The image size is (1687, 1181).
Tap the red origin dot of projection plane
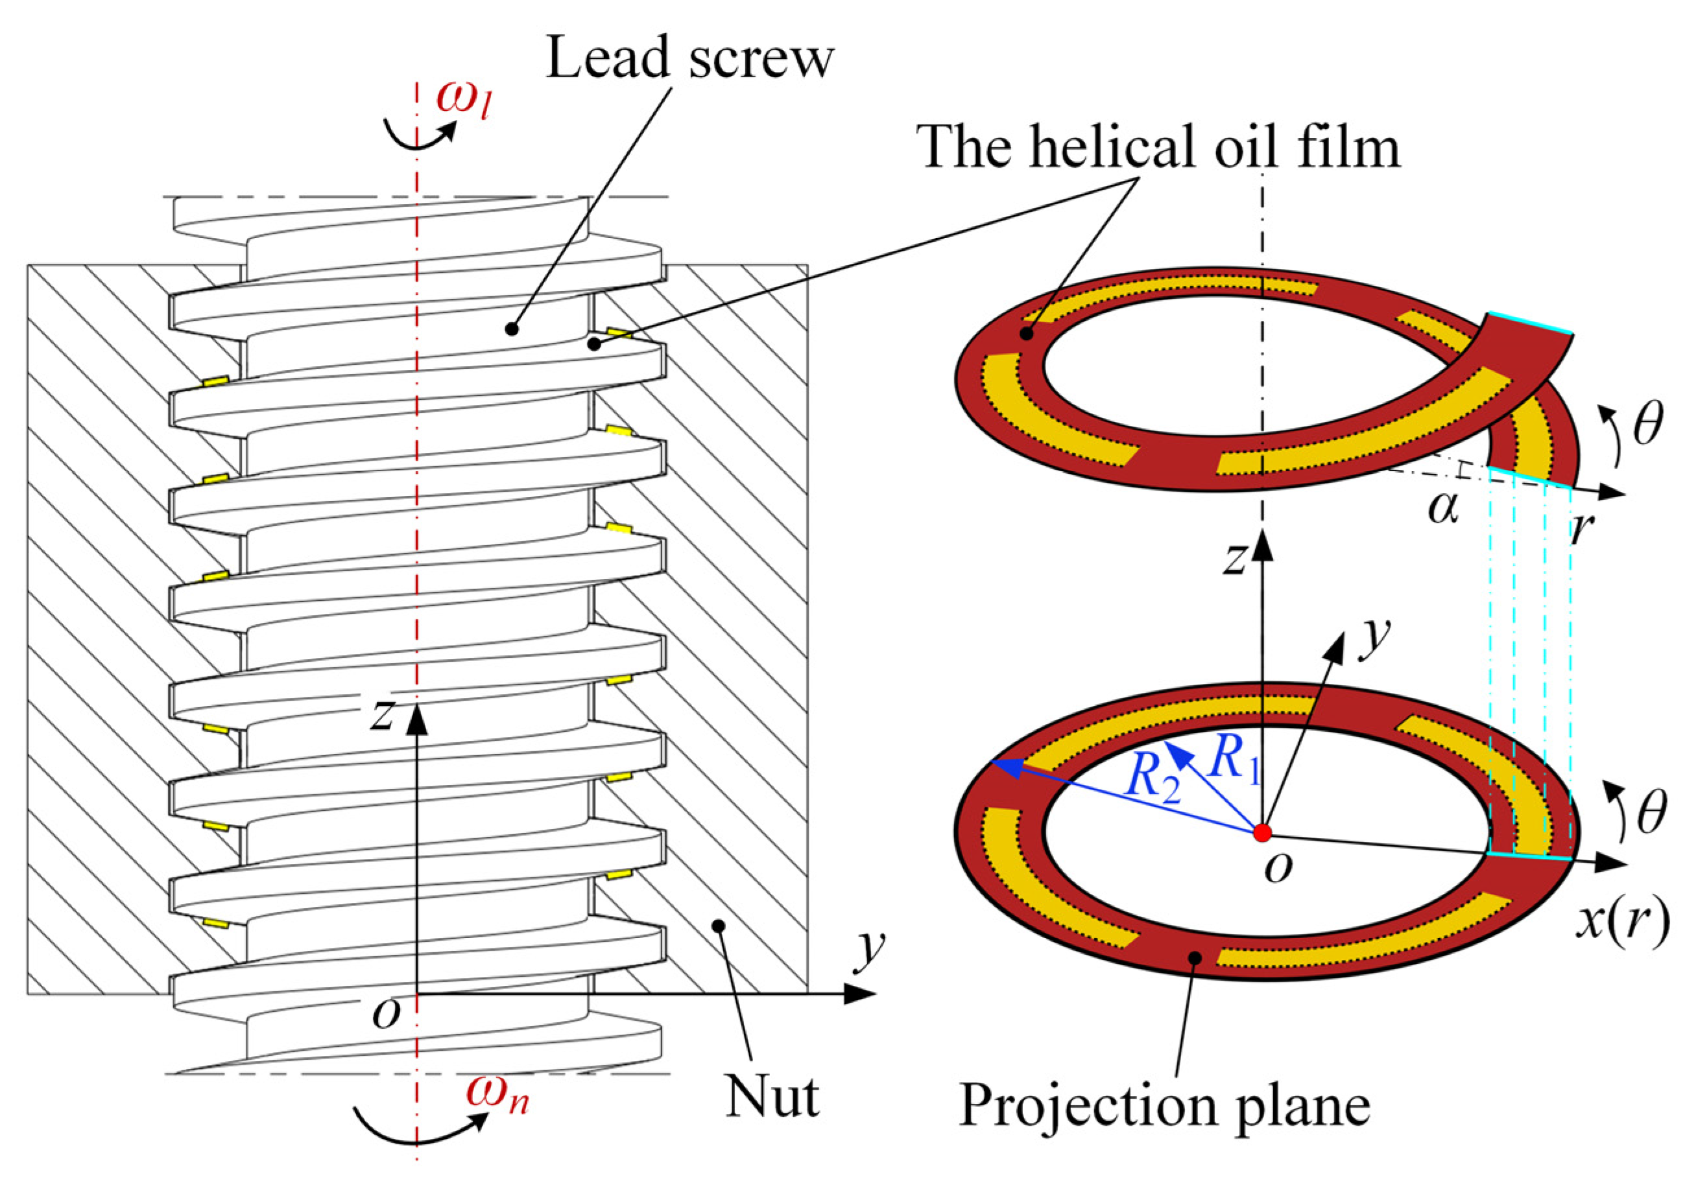(x=1262, y=833)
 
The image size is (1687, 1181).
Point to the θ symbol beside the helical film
(x=1647, y=427)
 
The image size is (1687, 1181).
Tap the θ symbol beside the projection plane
(x=1647, y=815)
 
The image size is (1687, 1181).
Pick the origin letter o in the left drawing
(x=387, y=1014)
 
